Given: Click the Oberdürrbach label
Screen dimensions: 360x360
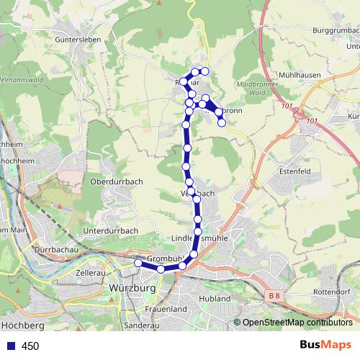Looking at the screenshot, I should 113,181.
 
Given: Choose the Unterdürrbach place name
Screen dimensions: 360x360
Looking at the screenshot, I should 110,230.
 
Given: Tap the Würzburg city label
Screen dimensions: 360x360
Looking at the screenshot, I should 131,288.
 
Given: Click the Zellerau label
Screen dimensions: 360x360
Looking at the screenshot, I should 91,274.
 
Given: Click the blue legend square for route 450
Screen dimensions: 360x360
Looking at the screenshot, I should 8,346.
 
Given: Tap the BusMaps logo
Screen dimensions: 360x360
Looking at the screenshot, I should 325,346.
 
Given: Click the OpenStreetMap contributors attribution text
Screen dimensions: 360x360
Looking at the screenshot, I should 297,323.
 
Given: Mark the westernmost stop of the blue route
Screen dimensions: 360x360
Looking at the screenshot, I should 139,264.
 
